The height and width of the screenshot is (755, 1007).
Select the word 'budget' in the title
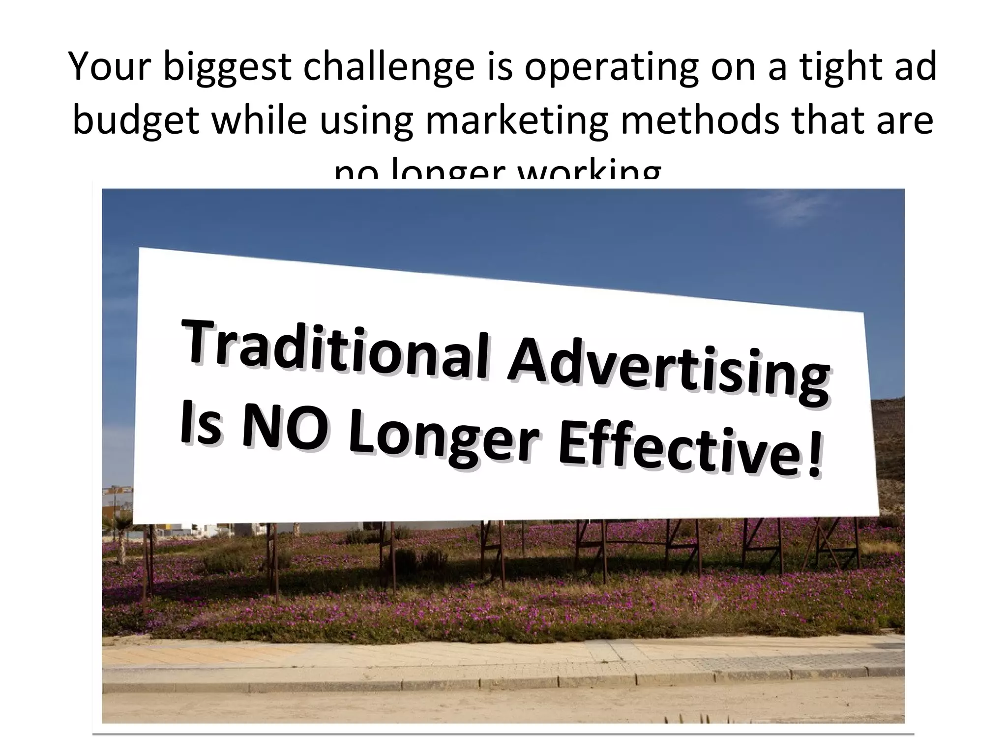[136, 121]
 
